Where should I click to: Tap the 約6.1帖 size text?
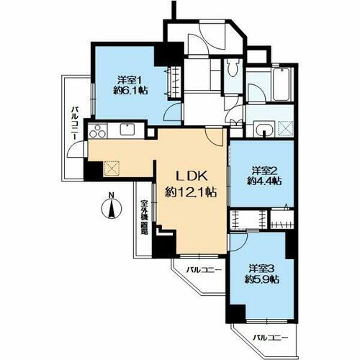(x=130, y=91)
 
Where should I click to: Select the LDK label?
(x=192, y=176)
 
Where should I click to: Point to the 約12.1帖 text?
(x=191, y=192)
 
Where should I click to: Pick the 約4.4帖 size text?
(x=264, y=181)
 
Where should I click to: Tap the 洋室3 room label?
(x=261, y=267)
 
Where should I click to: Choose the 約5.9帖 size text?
(x=262, y=279)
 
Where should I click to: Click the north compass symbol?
(x=111, y=206)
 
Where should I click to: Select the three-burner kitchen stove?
(x=98, y=131)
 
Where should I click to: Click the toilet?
(x=233, y=68)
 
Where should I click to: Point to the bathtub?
(x=282, y=84)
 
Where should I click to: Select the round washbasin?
(x=264, y=130)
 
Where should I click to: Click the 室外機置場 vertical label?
(x=144, y=217)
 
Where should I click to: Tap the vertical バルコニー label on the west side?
(x=75, y=124)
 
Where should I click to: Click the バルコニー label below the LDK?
(x=204, y=270)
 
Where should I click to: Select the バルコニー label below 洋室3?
(x=271, y=338)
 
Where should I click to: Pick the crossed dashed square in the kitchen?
(x=112, y=168)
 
